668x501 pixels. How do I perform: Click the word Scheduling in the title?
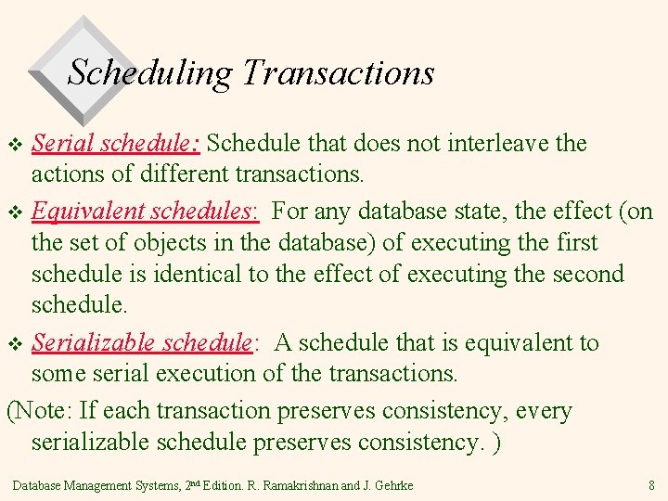[x=150, y=72]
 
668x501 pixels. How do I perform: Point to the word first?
[x=577, y=243]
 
